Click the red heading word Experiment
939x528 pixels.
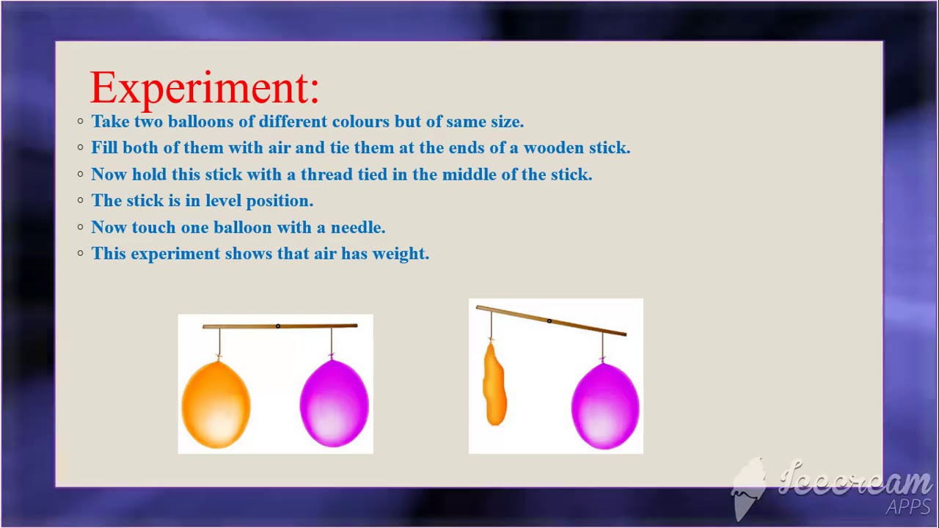[203, 89]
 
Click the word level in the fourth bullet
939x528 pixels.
[223, 201]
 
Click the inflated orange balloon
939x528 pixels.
[216, 404]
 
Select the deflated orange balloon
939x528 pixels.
[494, 385]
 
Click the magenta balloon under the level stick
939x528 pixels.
[334, 403]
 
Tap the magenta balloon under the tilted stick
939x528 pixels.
[605, 406]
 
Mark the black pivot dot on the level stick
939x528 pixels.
[277, 326]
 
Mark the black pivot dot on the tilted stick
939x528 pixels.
[549, 320]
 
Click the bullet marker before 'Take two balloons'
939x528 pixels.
[81, 122]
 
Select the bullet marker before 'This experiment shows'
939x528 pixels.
[81, 254]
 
